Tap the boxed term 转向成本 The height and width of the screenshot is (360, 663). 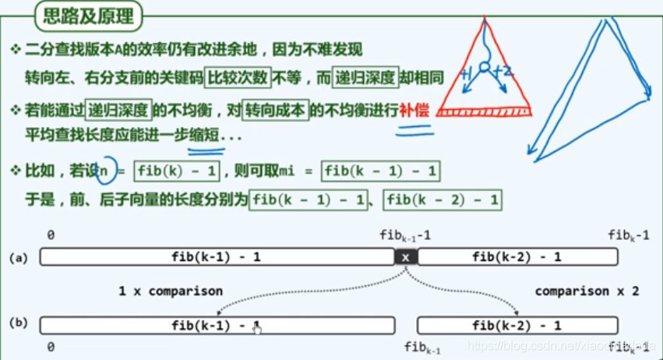point(275,110)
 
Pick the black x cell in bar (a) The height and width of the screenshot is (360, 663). point(405,256)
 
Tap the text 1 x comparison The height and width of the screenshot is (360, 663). point(170,291)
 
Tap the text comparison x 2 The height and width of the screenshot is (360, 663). point(587,291)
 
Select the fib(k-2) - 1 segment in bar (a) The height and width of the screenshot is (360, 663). point(517,256)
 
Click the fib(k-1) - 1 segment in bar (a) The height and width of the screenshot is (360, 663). point(217,256)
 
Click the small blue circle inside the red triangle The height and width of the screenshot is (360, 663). point(484,69)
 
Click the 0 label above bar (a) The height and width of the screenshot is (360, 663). point(50,235)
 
